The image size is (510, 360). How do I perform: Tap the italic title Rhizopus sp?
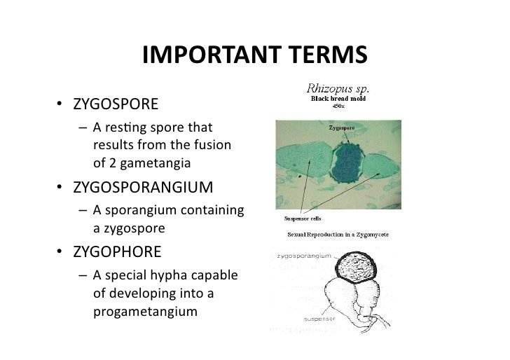(338, 89)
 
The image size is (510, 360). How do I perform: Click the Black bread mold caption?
(338, 99)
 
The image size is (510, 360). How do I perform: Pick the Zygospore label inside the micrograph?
(341, 128)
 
